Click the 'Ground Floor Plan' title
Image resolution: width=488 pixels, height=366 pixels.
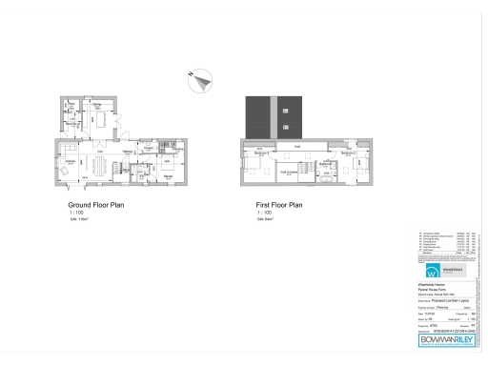(x=95, y=204)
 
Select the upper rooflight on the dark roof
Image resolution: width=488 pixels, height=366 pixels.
(x=285, y=110)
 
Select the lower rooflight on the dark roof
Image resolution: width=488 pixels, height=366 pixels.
(x=285, y=127)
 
